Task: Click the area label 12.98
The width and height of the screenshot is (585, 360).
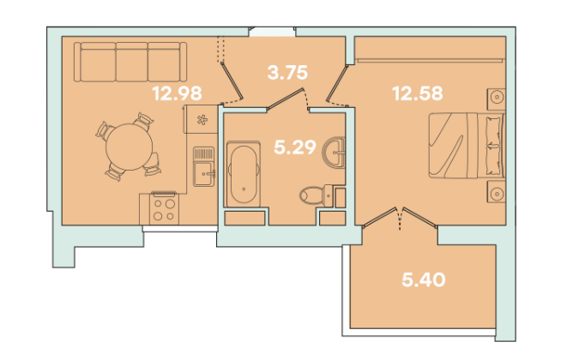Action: coord(178,93)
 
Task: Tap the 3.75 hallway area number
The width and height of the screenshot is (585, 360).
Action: coord(287,73)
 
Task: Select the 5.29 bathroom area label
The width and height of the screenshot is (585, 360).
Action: coord(295,147)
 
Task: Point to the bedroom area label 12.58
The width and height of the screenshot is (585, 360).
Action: coord(418,93)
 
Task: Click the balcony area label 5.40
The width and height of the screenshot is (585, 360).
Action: coord(424,279)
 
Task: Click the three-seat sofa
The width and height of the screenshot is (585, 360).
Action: coord(130,62)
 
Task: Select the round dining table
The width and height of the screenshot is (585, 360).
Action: coord(129,147)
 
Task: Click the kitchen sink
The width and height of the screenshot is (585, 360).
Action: coord(203,166)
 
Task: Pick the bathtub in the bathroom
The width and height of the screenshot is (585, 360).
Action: coord(244,174)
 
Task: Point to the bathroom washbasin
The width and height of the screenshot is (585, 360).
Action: coord(335,153)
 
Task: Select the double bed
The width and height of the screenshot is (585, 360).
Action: coord(467,146)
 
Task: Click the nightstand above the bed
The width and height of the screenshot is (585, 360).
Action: coord(496,99)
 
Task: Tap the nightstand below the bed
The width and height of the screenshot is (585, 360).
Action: coord(496,192)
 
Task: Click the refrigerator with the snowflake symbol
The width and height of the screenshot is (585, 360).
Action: coord(201,119)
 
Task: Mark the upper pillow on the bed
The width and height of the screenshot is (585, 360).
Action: coord(493,131)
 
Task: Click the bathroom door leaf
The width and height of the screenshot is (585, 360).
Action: coord(286,99)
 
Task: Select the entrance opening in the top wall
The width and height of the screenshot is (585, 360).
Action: coord(273,32)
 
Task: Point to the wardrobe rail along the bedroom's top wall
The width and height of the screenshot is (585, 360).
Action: coord(430,60)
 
